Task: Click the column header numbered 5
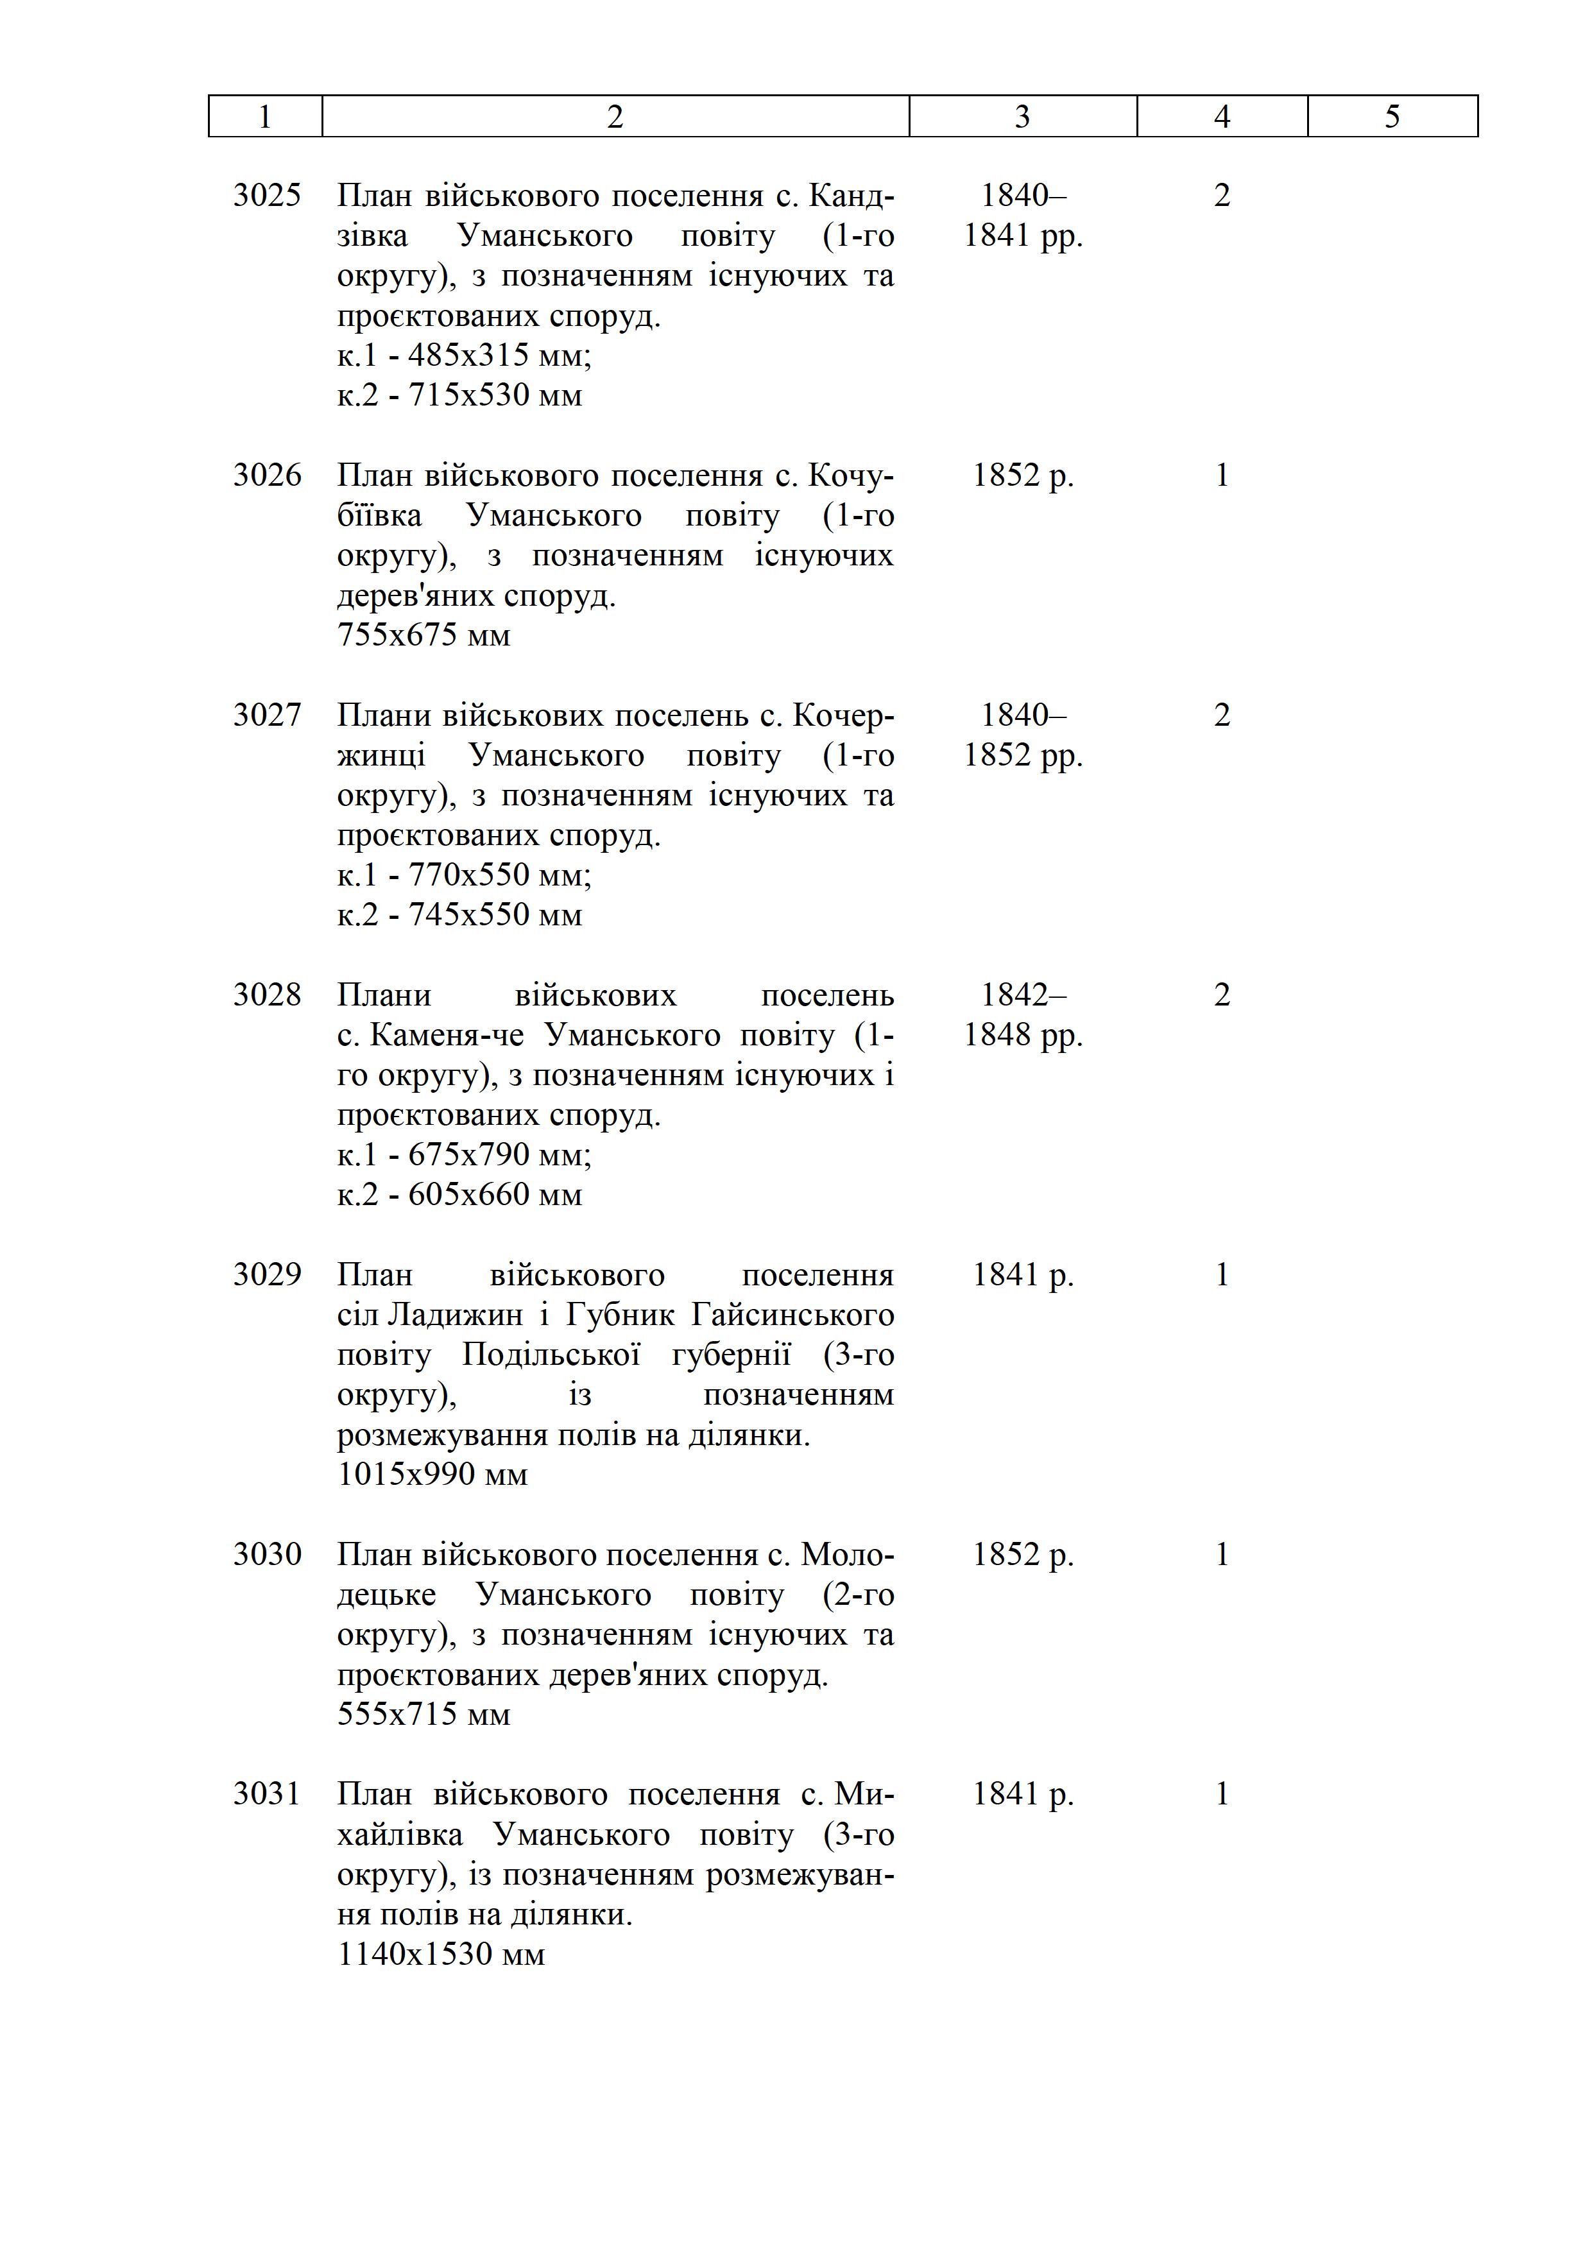click(1392, 117)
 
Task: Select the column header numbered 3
click(1022, 117)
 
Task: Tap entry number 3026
click(267, 475)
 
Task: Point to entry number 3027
click(267, 715)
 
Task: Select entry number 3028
click(267, 995)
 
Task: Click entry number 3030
click(267, 1554)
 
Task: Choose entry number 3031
click(267, 1794)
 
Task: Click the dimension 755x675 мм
click(424, 635)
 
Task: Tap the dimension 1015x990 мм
click(432, 1475)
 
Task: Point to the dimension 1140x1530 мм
click(441, 1954)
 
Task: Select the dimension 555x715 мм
click(424, 1714)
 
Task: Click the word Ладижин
click(455, 1315)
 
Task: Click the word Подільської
click(551, 1355)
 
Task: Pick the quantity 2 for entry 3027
click(1222, 715)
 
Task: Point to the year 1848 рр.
click(1022, 1035)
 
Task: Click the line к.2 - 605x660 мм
click(459, 1195)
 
